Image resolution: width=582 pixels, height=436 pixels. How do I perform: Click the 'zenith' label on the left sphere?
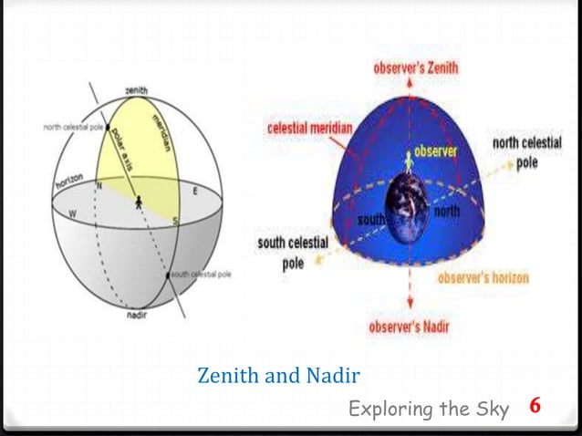[x=137, y=91]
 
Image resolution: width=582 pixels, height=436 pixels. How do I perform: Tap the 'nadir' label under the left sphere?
[x=137, y=316]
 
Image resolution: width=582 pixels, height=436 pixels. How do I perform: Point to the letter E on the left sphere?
[x=194, y=192]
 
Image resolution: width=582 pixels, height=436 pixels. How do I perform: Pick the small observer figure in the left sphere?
[x=139, y=202]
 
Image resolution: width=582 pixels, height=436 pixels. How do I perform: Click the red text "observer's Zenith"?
[x=416, y=67]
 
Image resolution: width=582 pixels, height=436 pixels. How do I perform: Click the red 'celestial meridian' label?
[x=308, y=129]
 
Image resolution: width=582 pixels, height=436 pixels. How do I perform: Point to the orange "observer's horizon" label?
[x=483, y=277]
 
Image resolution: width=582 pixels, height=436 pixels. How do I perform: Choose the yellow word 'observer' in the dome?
[x=435, y=151]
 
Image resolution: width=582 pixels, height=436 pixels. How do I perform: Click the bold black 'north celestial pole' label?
[x=526, y=152]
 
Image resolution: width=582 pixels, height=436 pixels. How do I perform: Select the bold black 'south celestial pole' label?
[x=294, y=252]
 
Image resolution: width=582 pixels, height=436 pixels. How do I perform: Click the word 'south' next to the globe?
[x=371, y=220]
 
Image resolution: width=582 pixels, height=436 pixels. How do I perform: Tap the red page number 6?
[x=535, y=406]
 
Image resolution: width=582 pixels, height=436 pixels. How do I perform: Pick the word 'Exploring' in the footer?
[x=387, y=410]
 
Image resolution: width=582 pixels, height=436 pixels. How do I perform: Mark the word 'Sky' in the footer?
[x=494, y=410]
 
